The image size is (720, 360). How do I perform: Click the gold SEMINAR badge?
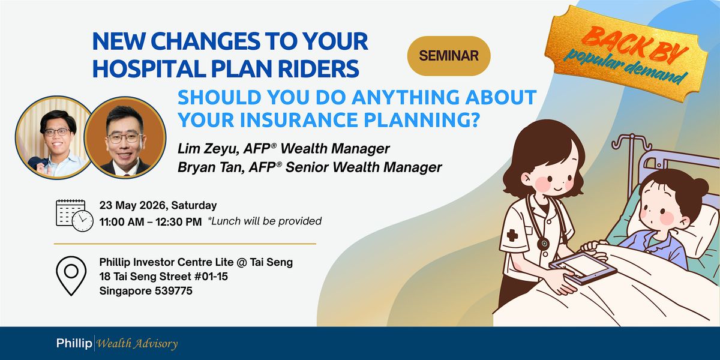pos(449,56)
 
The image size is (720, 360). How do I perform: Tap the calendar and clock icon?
pos(74,215)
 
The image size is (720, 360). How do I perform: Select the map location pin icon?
pos(71,276)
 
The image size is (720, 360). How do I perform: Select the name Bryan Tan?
pos(211,167)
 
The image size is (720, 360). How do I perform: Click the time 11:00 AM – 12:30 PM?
pos(151,222)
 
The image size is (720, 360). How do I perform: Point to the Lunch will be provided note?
pos(264,221)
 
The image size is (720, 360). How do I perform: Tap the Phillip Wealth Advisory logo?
pos(116,343)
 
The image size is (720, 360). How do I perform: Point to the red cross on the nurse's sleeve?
pos(512,236)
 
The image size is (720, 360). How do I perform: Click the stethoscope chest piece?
pos(543,244)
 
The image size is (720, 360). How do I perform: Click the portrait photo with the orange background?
pos(125,137)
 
